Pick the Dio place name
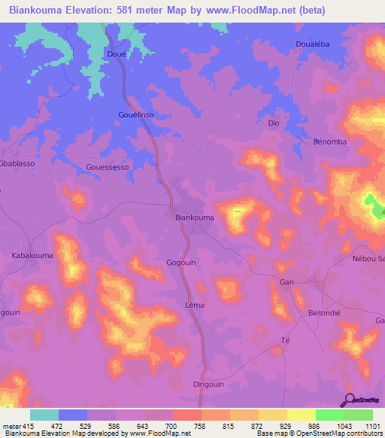[x=274, y=122]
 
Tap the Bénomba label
[x=329, y=141]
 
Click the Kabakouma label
[x=32, y=256]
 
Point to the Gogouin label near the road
[x=181, y=262]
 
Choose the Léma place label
[x=194, y=305]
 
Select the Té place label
[x=285, y=340]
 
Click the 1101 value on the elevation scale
[x=369, y=426]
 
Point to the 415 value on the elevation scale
[x=28, y=426]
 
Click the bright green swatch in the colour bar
[x=329, y=415]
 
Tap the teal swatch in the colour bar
[x=44, y=415]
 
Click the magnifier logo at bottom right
[x=348, y=400]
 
